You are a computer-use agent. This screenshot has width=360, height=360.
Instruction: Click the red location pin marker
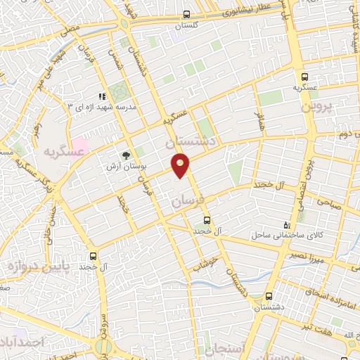tap(181, 165)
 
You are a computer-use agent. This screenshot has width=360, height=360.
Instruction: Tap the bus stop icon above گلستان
tap(186, 14)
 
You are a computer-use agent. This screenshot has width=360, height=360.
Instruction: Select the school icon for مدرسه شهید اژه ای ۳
tap(102, 96)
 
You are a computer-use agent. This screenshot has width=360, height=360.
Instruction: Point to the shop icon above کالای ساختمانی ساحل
tap(285, 224)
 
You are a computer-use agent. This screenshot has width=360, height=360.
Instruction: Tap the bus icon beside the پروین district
tap(304, 78)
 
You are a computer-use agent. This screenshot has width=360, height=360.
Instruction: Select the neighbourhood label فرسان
tap(186, 201)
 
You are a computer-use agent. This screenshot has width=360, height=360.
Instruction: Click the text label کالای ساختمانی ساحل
tap(284, 236)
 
